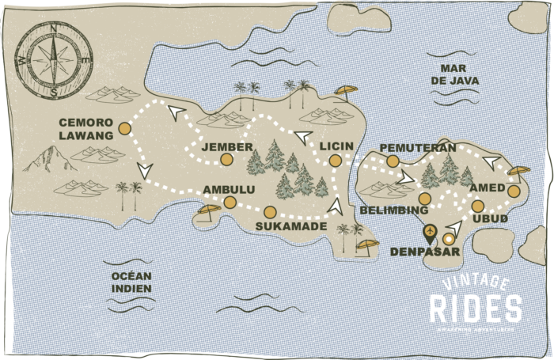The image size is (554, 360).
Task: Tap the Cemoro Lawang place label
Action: pos(86,129)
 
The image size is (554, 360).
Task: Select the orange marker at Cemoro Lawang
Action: pos(124,128)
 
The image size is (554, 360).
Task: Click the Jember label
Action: pos(227,147)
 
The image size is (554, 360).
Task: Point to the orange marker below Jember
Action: pos(226,160)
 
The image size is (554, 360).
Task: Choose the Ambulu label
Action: pos(230,190)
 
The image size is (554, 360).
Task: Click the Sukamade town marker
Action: pos(270,212)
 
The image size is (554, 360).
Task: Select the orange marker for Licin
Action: pos(336,161)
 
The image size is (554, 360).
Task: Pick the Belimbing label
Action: pos(393,211)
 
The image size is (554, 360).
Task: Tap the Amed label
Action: pos(487,188)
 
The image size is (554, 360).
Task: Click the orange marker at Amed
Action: pos(514,191)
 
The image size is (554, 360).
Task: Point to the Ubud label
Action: pos(488,218)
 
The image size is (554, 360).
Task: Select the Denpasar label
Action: pos(423,252)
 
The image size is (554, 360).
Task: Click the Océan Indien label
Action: pos(131,282)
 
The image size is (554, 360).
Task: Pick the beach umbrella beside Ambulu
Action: pos(208,212)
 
